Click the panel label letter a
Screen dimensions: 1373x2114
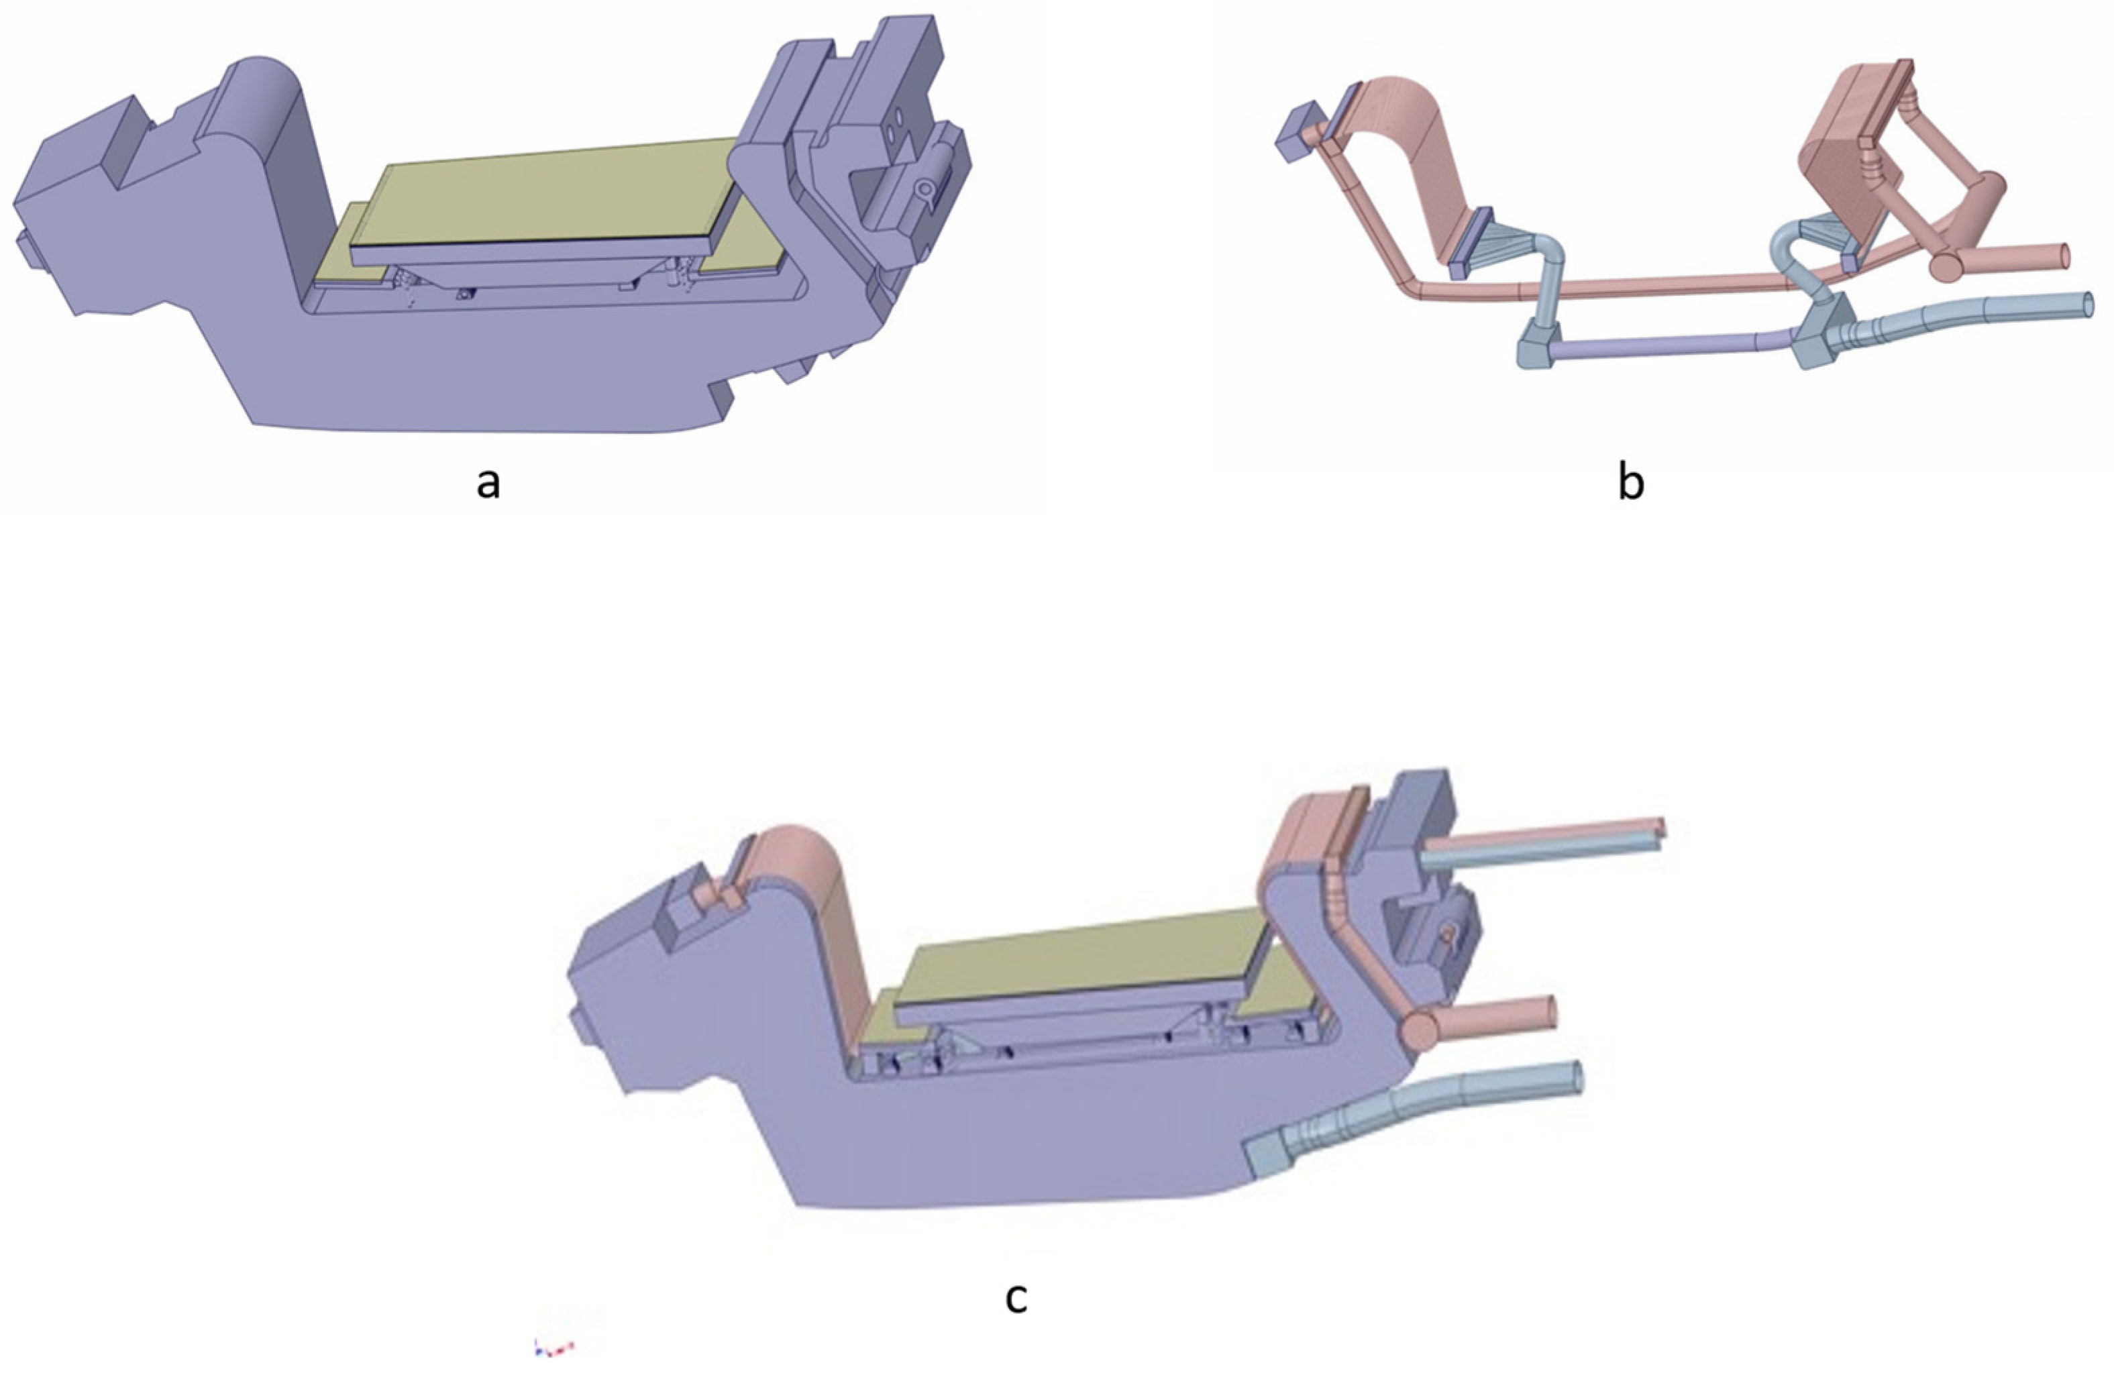tap(488, 484)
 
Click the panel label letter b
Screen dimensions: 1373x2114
tap(1631, 484)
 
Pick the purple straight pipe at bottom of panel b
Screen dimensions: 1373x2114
tap(1670, 345)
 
